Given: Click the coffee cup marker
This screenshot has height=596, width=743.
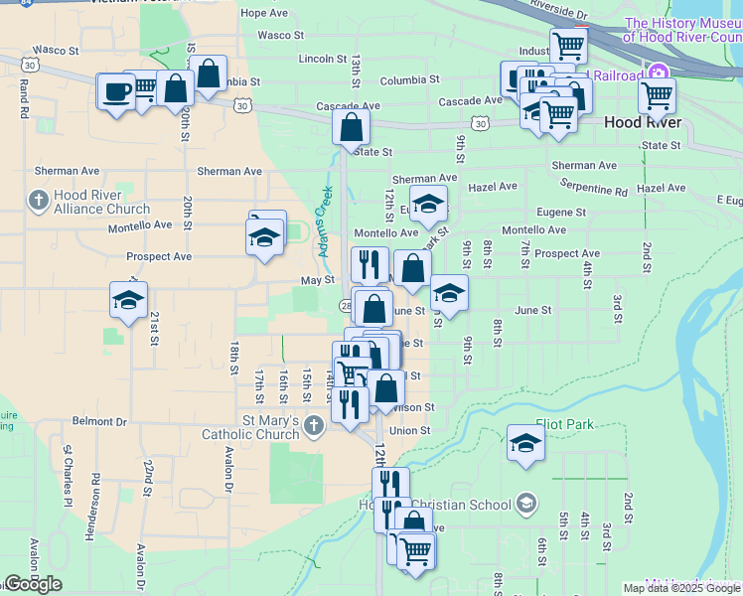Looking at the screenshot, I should point(116,92).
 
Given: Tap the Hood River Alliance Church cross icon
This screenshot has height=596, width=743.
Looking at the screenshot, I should point(39,202).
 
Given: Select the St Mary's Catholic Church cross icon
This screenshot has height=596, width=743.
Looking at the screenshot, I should point(314,427).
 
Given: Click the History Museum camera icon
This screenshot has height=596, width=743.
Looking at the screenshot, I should point(657,72).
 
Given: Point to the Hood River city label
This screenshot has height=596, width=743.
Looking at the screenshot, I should point(643,122).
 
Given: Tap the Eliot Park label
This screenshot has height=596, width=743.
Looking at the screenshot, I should point(564,424).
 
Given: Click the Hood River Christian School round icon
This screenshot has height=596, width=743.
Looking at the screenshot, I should point(525,505).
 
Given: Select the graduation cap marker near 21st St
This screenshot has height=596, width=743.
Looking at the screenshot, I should point(128,301).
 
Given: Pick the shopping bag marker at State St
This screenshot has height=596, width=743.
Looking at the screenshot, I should point(351,127).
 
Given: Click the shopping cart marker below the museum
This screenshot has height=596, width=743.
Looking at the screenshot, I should point(657,97).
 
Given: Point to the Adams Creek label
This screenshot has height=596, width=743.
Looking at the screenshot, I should point(325,221).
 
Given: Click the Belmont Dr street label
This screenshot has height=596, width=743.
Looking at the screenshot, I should point(99,421).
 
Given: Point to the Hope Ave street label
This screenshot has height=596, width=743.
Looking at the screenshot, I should point(264,13).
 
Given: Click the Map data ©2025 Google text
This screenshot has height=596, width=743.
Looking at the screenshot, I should point(680,588).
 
